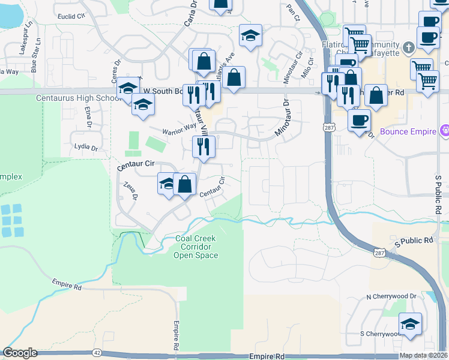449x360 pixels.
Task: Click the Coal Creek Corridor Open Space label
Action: point(196,247)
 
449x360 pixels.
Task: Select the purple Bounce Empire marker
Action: point(445,130)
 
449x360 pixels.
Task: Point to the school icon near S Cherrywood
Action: point(410,324)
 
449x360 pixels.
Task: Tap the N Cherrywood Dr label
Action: point(391,296)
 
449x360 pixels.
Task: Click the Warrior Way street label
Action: point(178,127)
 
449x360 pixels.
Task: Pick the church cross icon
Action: point(408,47)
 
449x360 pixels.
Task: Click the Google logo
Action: point(20,353)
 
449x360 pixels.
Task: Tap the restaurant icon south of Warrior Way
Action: point(203,146)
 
